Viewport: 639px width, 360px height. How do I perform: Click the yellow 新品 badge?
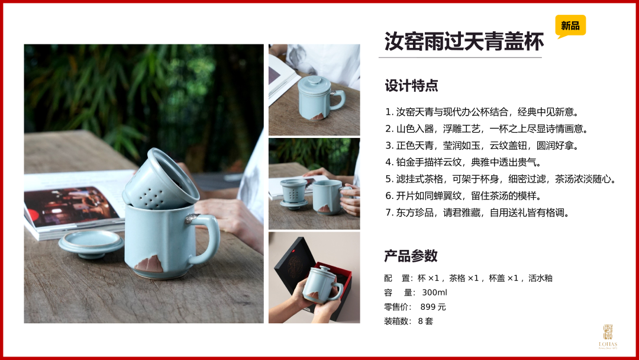(x=570, y=25)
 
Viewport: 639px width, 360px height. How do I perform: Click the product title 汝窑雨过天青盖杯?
(x=464, y=41)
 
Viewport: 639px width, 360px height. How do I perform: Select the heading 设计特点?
(x=411, y=86)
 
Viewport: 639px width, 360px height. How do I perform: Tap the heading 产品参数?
(x=411, y=256)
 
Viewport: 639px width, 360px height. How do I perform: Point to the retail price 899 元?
(x=433, y=307)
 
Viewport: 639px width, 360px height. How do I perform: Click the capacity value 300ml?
(x=434, y=292)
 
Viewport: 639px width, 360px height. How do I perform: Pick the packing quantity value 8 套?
(x=425, y=321)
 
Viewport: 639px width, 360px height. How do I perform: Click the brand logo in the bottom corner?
(x=608, y=336)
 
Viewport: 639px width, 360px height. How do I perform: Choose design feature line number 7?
(x=477, y=213)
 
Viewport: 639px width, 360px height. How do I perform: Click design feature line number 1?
(x=482, y=112)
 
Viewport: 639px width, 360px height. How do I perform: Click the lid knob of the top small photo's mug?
(x=314, y=80)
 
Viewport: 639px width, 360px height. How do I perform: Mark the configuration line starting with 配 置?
(x=468, y=278)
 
